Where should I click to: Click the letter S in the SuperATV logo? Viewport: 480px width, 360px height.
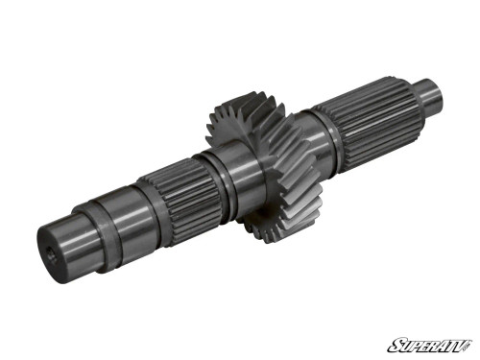click(x=394, y=344)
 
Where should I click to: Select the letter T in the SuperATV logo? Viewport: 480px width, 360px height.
click(x=450, y=344)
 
